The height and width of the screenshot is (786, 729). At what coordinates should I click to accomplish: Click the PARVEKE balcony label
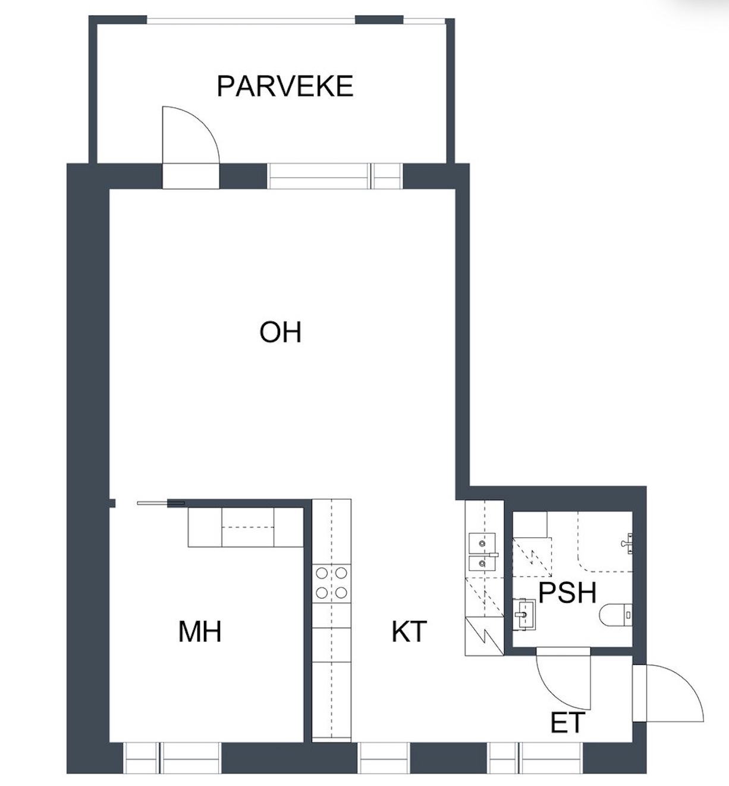tap(285, 86)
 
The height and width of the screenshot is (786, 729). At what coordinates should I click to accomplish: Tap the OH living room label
tap(280, 332)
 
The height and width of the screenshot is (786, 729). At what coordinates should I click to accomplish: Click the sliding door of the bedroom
tap(161, 503)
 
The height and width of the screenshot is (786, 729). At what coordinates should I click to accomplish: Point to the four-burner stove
tap(331, 583)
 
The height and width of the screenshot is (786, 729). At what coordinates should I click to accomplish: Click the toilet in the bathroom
tap(616, 615)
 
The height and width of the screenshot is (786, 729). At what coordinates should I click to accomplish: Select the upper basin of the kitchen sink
tap(482, 543)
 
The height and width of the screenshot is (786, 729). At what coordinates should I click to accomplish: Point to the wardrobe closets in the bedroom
tap(246, 527)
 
